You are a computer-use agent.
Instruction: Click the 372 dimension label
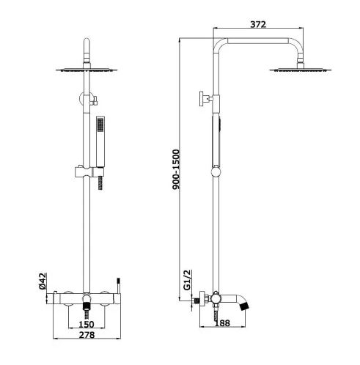258,24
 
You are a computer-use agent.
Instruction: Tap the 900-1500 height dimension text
176,169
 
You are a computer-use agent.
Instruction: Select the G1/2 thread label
187,280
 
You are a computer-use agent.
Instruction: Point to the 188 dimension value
222,323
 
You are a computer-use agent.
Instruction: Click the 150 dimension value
87,324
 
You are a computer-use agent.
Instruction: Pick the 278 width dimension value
87,335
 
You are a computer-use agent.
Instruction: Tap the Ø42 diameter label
43,281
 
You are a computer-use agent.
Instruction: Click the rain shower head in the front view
87,70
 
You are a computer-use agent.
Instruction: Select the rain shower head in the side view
301,70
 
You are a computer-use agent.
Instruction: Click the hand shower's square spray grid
100,125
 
